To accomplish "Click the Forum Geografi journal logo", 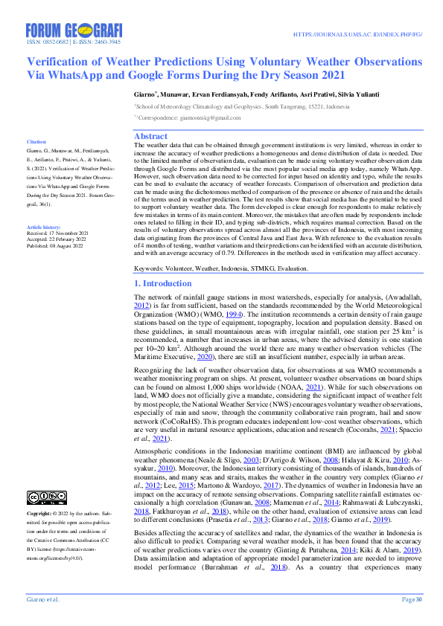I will tap(73, 30).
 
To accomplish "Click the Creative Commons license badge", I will tap(46, 497).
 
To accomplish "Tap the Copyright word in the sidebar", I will tap(39, 514).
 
